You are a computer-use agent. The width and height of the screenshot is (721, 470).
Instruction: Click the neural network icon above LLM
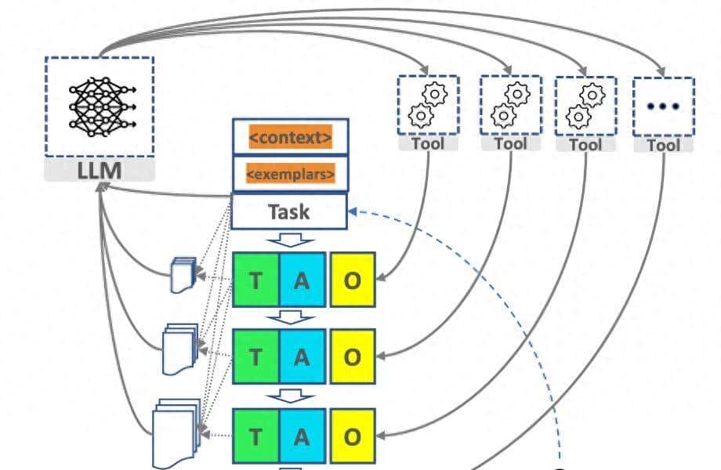99,107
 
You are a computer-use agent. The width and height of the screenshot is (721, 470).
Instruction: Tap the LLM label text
99,170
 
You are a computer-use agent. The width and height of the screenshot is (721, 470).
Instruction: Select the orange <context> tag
290,137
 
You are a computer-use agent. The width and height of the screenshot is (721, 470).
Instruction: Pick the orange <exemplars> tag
290,173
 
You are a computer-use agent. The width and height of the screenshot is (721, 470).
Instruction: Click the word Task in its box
288,211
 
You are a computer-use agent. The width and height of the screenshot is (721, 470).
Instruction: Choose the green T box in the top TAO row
256,280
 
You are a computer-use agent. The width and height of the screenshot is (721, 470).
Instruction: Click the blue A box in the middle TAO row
302,356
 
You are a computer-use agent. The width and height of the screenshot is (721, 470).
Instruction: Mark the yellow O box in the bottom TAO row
353,436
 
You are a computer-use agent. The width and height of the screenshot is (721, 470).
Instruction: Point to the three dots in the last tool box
663,106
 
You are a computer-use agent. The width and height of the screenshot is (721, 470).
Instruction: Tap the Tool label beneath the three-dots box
663,145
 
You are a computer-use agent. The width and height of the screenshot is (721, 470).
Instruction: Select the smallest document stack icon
183,275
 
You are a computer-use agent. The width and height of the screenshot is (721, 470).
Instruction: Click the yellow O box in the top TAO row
353,280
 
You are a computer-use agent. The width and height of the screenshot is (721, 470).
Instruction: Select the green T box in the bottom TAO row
256,436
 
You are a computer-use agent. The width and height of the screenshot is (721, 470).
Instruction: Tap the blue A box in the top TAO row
302,280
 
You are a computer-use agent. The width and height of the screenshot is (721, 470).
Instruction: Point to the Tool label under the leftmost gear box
428,143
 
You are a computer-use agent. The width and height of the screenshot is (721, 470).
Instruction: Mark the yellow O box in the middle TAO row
353,356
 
